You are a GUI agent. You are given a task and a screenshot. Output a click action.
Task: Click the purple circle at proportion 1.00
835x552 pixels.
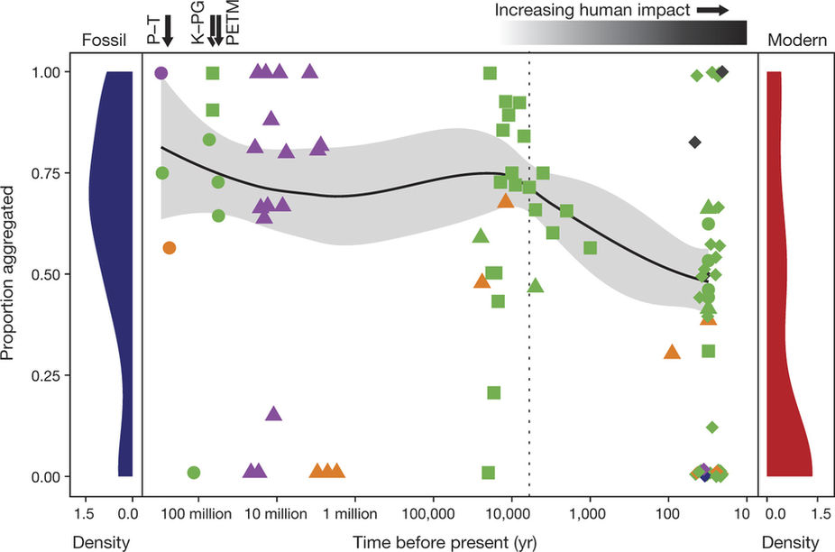161,73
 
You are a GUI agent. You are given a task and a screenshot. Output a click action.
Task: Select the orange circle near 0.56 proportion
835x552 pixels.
169,247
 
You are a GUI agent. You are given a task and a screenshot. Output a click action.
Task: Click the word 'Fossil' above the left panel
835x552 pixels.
100,40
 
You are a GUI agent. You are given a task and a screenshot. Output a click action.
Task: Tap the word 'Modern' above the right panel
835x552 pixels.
791,40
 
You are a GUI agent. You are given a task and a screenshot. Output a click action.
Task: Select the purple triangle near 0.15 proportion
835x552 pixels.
274,414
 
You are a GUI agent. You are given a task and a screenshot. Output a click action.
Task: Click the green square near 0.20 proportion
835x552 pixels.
493,392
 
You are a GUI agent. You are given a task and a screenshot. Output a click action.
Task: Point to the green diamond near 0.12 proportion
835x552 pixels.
711,427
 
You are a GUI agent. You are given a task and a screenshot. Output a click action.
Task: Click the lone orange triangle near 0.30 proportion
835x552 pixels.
671,352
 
